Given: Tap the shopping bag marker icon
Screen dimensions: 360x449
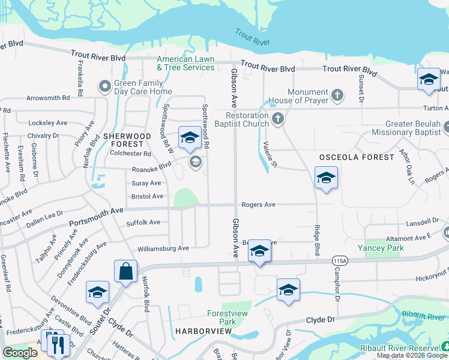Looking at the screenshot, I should tap(126, 271).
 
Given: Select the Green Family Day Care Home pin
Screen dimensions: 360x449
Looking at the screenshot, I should tap(105, 87).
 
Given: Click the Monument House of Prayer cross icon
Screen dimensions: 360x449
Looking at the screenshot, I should tap(337, 94).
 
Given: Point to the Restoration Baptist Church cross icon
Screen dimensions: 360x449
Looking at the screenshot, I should tap(277, 119).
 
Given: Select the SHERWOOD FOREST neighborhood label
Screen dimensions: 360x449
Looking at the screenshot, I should tap(124, 140).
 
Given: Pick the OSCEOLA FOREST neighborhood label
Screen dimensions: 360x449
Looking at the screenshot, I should tap(356, 157).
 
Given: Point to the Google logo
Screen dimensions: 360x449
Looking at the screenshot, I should tap(20, 353).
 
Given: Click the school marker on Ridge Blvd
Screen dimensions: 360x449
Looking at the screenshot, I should tap(326, 178).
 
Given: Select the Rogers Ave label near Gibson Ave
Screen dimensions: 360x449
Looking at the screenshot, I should tap(258, 205).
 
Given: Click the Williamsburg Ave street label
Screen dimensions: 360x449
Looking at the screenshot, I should tap(163, 248).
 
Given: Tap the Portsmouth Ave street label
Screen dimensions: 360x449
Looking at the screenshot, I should tap(96, 217).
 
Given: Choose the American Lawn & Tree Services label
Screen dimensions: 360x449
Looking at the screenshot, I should tap(185, 63).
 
